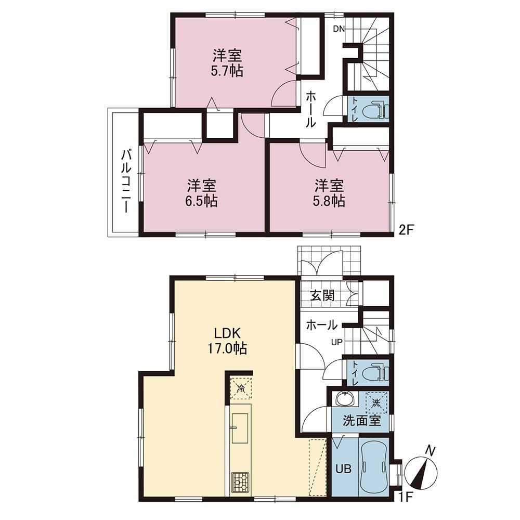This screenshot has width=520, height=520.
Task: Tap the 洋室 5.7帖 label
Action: pyautogui.click(x=227, y=63)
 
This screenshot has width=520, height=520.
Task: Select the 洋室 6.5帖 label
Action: pyautogui.click(x=202, y=193)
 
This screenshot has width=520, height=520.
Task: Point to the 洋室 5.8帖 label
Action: pyautogui.click(x=329, y=193)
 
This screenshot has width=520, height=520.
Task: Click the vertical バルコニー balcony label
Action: pyautogui.click(x=126, y=181)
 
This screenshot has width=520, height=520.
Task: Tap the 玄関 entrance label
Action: pyautogui.click(x=322, y=295)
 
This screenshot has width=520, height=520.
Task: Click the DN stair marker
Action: pyautogui.click(x=339, y=29)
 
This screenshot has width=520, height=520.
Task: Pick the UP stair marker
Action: pyautogui.click(x=336, y=342)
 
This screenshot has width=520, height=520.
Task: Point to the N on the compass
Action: pyautogui.click(x=430, y=451)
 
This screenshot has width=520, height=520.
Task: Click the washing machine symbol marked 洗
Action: pyautogui.click(x=376, y=403)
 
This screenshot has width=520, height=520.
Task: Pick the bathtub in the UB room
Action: pyautogui.click(x=373, y=467)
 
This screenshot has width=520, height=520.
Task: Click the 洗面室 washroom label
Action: pyautogui.click(x=361, y=421)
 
